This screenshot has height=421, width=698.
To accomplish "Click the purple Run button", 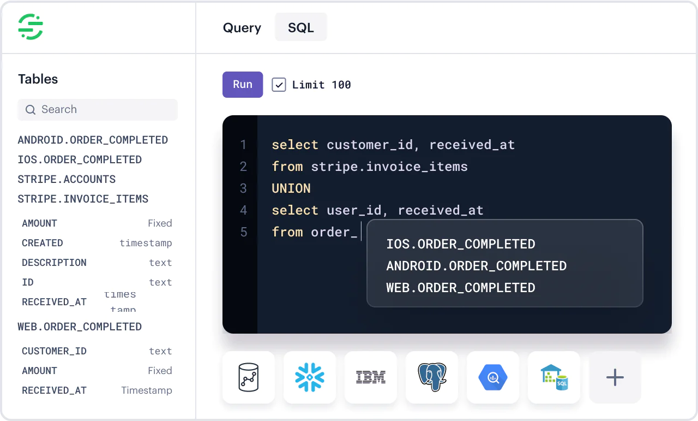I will (x=243, y=85).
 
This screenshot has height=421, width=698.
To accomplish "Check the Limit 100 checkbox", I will (x=279, y=85).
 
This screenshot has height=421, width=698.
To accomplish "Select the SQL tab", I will (x=301, y=27).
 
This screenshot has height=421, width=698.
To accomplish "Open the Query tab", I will (x=242, y=28).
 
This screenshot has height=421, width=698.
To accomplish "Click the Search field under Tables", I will (x=98, y=109).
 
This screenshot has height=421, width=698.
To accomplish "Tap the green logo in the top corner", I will (x=31, y=27).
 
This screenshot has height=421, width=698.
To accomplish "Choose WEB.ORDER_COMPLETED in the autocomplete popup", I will (x=460, y=288).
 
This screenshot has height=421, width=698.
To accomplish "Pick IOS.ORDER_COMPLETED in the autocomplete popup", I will (x=460, y=244).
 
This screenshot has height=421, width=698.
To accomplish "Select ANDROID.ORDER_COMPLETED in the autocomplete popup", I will (x=476, y=266).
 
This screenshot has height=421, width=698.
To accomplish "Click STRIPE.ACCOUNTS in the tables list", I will (x=67, y=179).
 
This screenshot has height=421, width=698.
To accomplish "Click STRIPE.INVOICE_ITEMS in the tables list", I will (x=83, y=199).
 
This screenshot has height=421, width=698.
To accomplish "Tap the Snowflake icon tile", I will (x=310, y=377).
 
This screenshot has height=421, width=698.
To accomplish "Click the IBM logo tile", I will (x=371, y=377).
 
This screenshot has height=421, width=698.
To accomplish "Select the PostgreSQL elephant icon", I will (x=432, y=377).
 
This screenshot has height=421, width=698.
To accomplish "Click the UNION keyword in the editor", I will (x=291, y=188).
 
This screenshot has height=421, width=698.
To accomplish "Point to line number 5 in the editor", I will (x=243, y=232).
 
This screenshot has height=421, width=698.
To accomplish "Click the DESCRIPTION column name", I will (x=54, y=263).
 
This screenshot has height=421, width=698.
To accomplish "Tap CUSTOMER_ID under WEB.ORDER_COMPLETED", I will (x=54, y=351).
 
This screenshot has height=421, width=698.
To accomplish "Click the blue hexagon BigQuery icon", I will (x=493, y=377).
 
